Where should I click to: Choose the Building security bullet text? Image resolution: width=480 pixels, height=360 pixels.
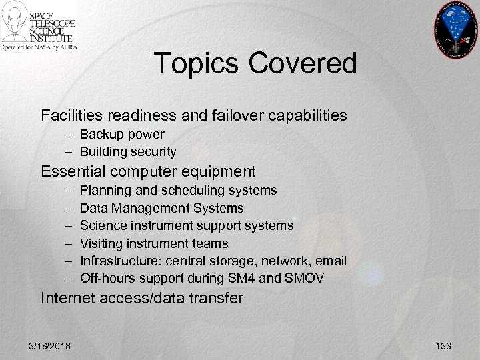[x=128, y=152]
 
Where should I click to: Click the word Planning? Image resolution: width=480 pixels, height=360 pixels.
[x=105, y=190]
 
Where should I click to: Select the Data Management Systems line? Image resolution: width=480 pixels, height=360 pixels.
[x=162, y=208]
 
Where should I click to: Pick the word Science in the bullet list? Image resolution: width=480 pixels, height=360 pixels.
[x=103, y=225]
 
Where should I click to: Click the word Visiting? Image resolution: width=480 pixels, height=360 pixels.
[x=102, y=243]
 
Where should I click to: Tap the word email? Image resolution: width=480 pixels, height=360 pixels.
[x=331, y=261]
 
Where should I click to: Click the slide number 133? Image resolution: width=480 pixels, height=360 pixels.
[x=443, y=345]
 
